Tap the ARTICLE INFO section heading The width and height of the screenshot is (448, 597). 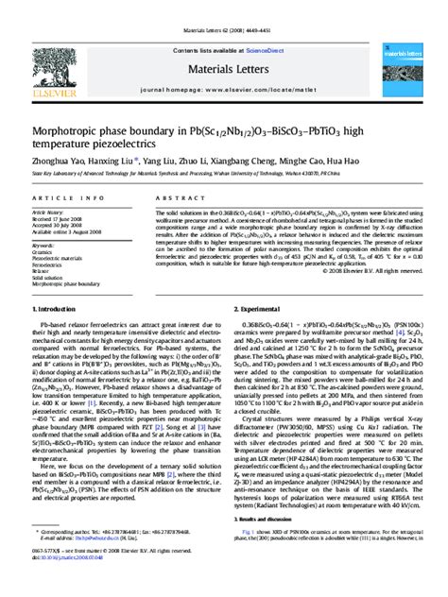[60, 198]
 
